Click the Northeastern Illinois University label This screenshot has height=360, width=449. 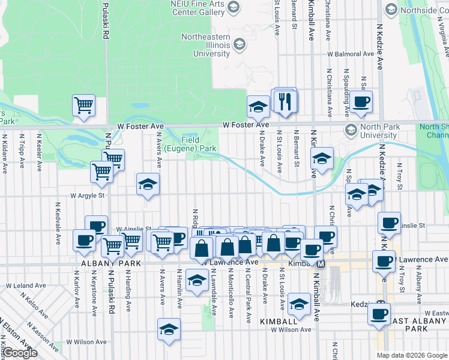(x=206, y=45)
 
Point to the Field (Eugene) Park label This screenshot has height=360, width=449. (x=198, y=144)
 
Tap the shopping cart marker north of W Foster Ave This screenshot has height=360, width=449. (x=84, y=105)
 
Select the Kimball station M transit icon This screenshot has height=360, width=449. (x=321, y=264)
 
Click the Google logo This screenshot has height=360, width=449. (x=19, y=353)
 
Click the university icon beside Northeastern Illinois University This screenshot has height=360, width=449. (x=240, y=44)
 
